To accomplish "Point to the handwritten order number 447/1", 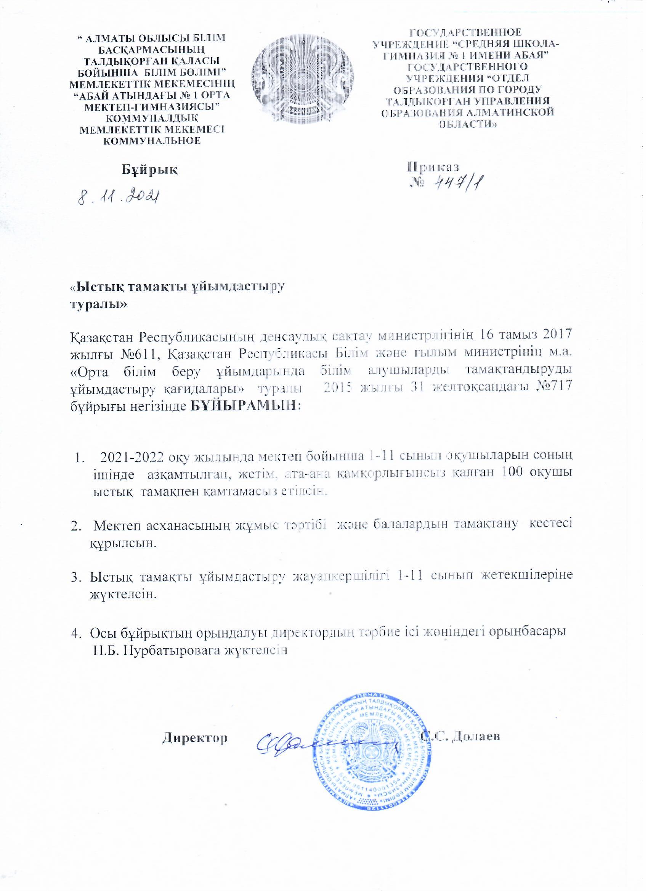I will [457, 182].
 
